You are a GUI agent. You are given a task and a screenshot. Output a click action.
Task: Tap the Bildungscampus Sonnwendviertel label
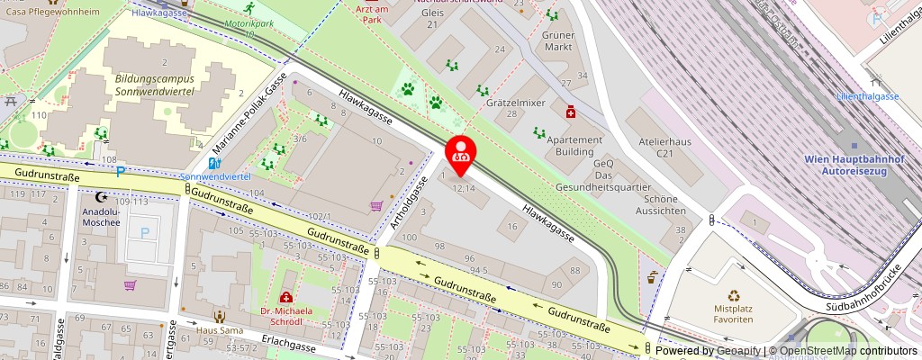(x=167, y=85)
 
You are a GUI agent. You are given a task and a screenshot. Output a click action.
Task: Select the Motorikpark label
(x=249, y=26)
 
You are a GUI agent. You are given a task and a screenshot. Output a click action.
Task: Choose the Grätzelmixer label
(x=516, y=103)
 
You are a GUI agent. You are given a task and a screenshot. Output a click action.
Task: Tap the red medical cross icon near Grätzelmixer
(x=570, y=112)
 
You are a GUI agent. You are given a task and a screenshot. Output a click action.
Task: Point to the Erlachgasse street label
(x=289, y=346)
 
